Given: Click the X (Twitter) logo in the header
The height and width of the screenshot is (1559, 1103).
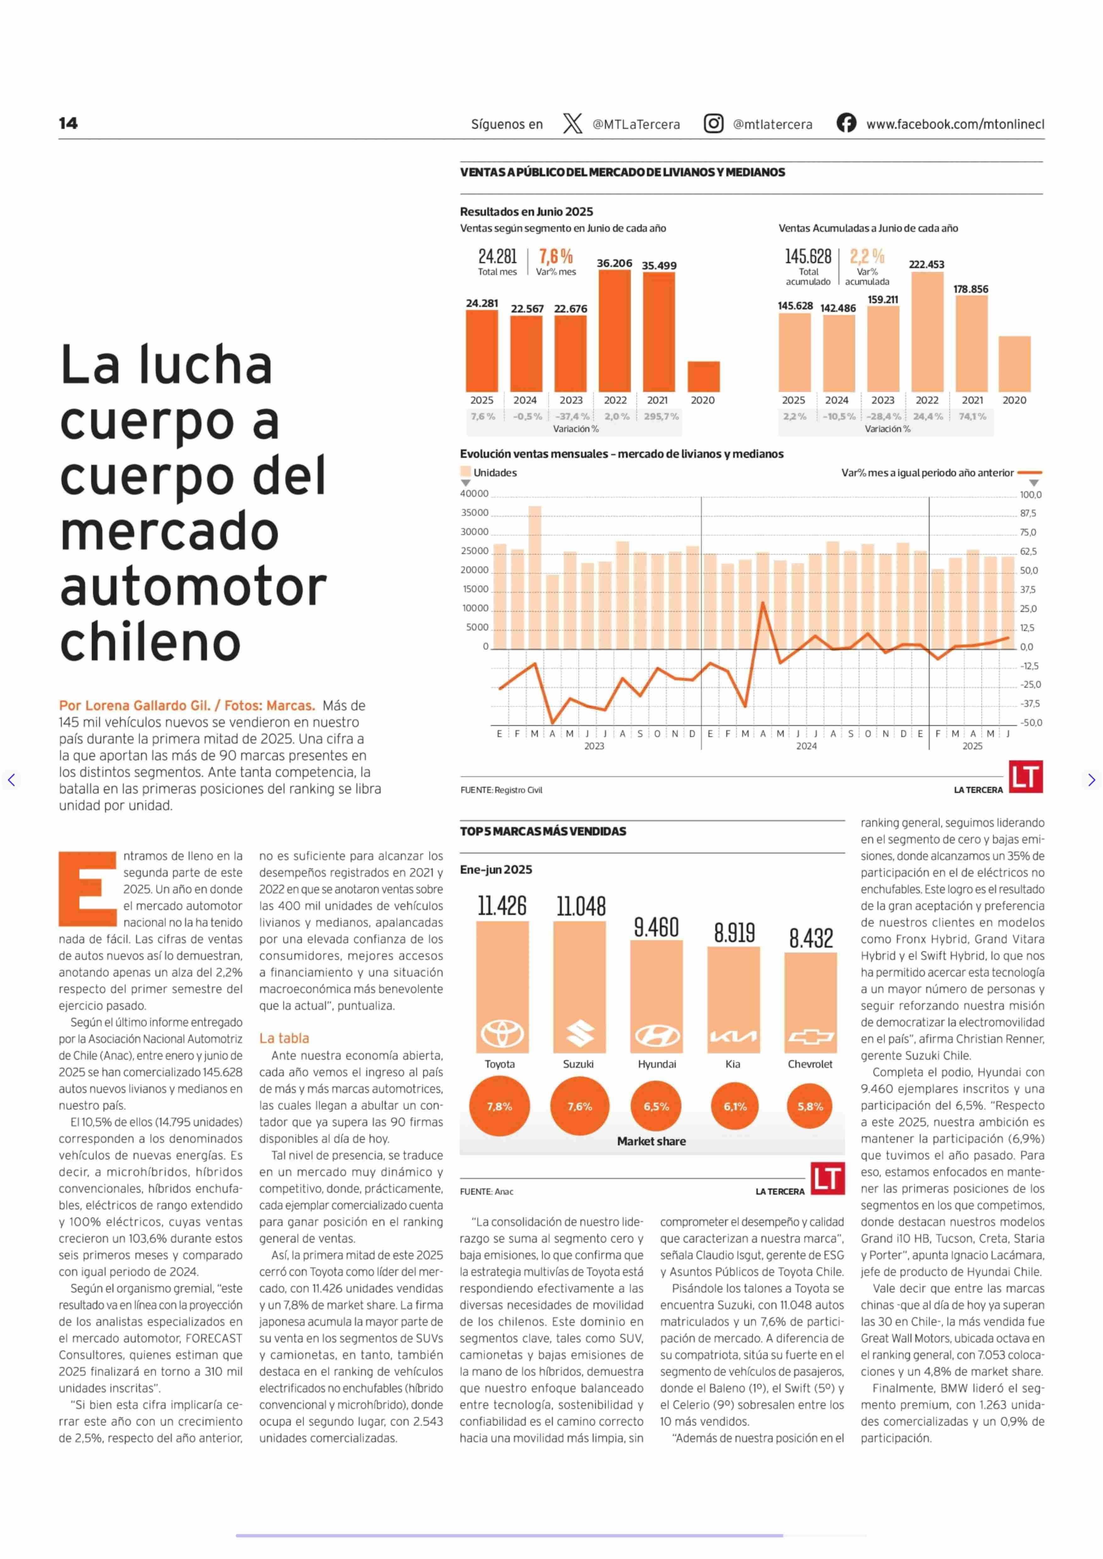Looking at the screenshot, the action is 573,124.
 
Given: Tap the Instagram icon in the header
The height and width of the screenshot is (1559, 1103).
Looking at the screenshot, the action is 713,124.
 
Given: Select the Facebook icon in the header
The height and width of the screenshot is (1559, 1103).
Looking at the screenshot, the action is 846,123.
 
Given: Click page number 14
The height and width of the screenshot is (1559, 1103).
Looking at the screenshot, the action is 68,123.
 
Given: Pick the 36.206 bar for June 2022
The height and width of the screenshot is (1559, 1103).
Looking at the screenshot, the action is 615,331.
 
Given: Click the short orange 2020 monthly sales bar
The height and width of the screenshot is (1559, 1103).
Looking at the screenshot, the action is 704,376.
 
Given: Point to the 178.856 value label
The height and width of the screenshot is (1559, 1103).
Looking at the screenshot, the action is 971,289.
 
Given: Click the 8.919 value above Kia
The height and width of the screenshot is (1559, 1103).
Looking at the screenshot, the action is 734,933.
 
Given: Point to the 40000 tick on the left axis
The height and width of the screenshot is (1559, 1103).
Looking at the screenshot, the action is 475,494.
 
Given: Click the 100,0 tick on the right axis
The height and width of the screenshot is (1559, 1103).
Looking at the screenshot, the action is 1031,495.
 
